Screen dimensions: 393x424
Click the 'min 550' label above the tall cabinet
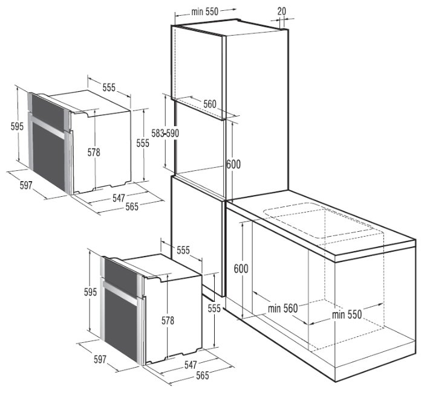coord(204,11)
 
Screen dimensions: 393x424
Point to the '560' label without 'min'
coord(210,104)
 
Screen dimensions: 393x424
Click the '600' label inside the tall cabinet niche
coord(233,163)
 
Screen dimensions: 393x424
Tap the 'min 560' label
coord(282,308)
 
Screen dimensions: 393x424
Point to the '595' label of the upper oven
coord(17,126)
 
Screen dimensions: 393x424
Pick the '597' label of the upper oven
coord(25,185)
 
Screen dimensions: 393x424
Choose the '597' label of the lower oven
coord(99,359)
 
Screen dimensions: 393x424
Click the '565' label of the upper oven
coord(131,206)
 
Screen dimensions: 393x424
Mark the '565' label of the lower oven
coord(202,375)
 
